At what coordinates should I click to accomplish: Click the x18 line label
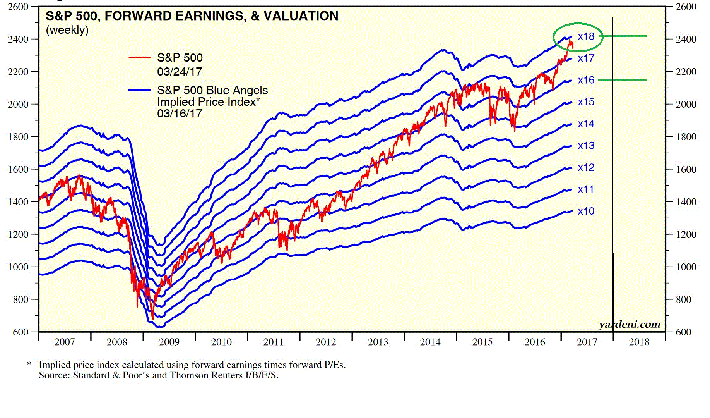tap(586, 36)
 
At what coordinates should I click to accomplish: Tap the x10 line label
tap(586, 211)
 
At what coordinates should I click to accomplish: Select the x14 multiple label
tap(586, 124)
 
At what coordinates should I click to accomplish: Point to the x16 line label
tap(586, 80)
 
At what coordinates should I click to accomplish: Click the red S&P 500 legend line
tap(139, 58)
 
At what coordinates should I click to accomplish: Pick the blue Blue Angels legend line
tap(139, 90)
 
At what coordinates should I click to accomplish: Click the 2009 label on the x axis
tap(169, 342)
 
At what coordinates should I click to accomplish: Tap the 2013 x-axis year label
tap(378, 342)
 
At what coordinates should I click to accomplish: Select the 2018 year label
tap(639, 342)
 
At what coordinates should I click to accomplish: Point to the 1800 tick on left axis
tap(18, 137)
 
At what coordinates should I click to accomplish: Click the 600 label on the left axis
tap(21, 332)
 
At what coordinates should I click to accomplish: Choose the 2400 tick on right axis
tap(686, 39)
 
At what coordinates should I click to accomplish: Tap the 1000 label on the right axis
tap(686, 267)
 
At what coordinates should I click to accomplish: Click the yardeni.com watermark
tap(629, 325)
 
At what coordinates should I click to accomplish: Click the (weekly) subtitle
tap(67, 30)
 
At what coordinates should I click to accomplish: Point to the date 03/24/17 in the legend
tap(180, 72)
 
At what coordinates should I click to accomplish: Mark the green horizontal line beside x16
tap(623, 80)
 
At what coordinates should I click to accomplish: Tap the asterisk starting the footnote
tap(29, 364)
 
